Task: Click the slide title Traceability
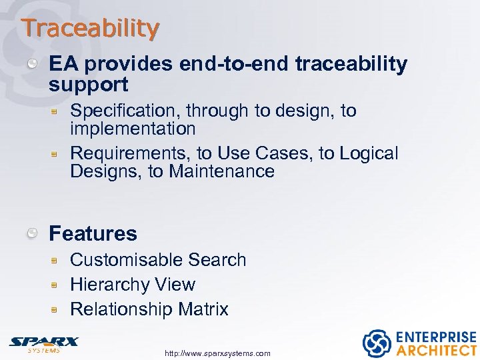point(90,28)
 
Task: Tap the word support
point(88,85)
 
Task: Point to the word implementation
point(133,129)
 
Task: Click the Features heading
point(93,233)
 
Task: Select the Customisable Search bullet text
point(158,259)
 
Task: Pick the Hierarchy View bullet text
point(133,285)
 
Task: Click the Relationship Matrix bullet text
point(149,309)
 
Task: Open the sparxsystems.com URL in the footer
point(217,353)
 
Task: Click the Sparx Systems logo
point(43,343)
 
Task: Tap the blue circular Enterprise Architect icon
point(376,343)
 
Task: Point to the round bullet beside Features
point(32,233)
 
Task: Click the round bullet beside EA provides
point(32,64)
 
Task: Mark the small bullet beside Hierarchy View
point(58,285)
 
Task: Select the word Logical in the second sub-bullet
point(369,153)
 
